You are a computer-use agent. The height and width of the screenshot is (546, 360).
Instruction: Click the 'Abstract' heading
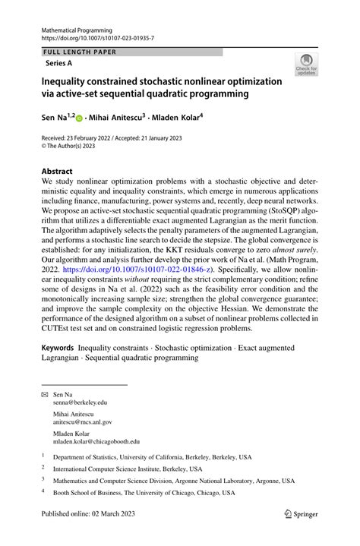[x=57, y=172]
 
